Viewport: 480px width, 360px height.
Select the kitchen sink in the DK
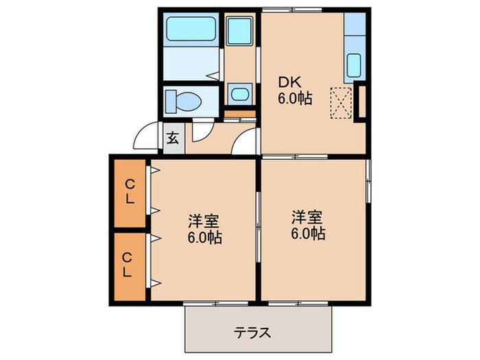click(x=354, y=66)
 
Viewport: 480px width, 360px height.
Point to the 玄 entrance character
click(x=172, y=138)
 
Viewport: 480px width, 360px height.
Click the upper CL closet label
click(x=128, y=193)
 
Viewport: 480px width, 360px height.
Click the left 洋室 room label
click(x=204, y=222)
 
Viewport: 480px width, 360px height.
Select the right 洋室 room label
click(x=307, y=217)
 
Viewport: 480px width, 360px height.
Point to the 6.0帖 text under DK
click(x=295, y=99)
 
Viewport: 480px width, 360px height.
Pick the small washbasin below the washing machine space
click(x=239, y=95)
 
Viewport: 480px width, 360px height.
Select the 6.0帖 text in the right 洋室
click(x=307, y=234)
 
